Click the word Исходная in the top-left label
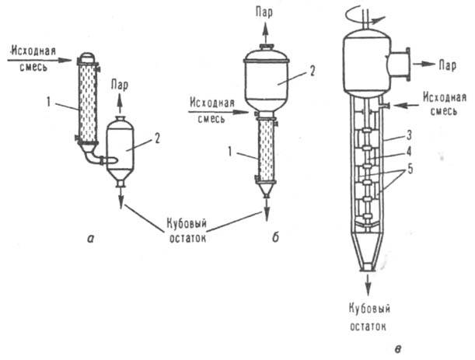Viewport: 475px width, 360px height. tap(36, 51)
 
